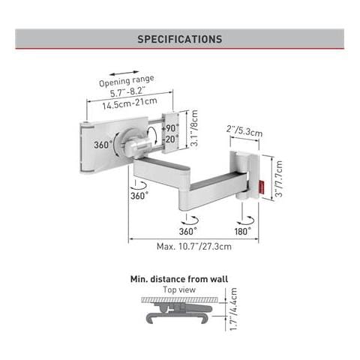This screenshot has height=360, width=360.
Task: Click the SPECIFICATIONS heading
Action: (x=180, y=39)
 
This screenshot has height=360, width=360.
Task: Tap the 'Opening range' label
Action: (x=127, y=81)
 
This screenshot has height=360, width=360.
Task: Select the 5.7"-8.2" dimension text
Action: (x=127, y=92)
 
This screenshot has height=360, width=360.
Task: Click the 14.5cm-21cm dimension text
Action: (x=130, y=103)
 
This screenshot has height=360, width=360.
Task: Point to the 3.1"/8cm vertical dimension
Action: (x=193, y=128)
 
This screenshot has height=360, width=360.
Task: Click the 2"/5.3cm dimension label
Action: (x=244, y=130)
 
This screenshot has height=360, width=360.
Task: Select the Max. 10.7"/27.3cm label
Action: (x=194, y=247)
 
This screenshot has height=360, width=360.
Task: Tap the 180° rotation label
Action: (x=243, y=231)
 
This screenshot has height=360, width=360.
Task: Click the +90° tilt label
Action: (x=170, y=128)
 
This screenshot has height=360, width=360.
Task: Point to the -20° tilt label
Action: (x=171, y=139)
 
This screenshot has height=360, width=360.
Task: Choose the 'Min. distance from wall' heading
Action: (x=179, y=279)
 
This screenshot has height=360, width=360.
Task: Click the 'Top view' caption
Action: (x=179, y=289)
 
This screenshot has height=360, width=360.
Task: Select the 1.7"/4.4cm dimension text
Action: (x=233, y=309)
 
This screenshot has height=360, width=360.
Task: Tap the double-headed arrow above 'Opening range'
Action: (x=124, y=73)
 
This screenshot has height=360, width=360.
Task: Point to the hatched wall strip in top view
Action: (x=179, y=300)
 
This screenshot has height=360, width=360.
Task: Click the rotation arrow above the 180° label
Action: (x=246, y=220)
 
